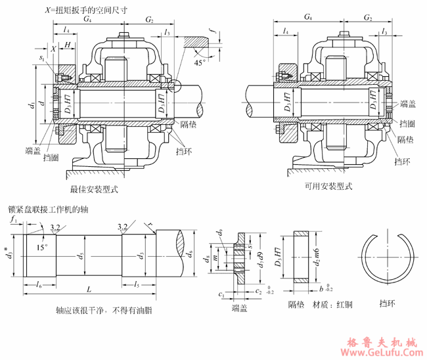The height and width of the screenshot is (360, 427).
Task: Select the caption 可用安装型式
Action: coord(328,187)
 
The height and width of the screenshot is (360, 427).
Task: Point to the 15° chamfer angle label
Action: coord(42,248)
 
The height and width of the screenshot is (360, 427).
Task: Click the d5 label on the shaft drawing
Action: coord(81,255)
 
